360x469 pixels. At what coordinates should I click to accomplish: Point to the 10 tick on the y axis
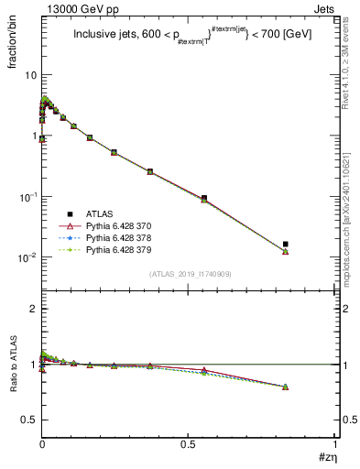point(30,75)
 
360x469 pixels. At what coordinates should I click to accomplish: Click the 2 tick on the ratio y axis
point(33,310)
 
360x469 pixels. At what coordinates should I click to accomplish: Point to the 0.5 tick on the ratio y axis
point(29,420)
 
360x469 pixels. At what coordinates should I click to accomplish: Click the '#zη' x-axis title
point(326,458)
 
